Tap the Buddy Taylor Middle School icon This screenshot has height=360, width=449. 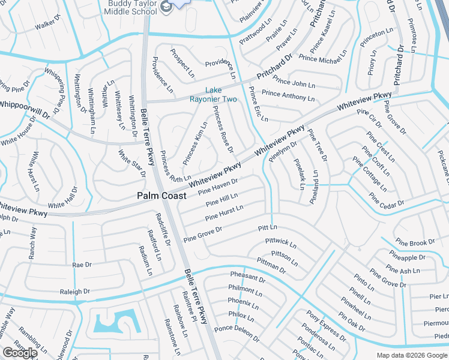(x=166, y=7)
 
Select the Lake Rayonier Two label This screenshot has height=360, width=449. (x=213, y=95)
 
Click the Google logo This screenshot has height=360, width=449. (x=20, y=353)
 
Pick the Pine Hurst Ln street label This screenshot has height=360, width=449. (x=224, y=212)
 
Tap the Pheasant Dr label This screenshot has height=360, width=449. (x=247, y=277)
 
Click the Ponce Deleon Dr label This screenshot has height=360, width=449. (x=237, y=333)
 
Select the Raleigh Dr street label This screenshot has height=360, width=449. (x=75, y=292)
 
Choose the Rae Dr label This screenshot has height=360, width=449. (x=82, y=264)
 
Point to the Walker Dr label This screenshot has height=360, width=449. (x=49, y=26)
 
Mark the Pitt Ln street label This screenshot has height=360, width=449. (x=268, y=228)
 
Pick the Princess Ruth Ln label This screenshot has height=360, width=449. (x=174, y=167)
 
